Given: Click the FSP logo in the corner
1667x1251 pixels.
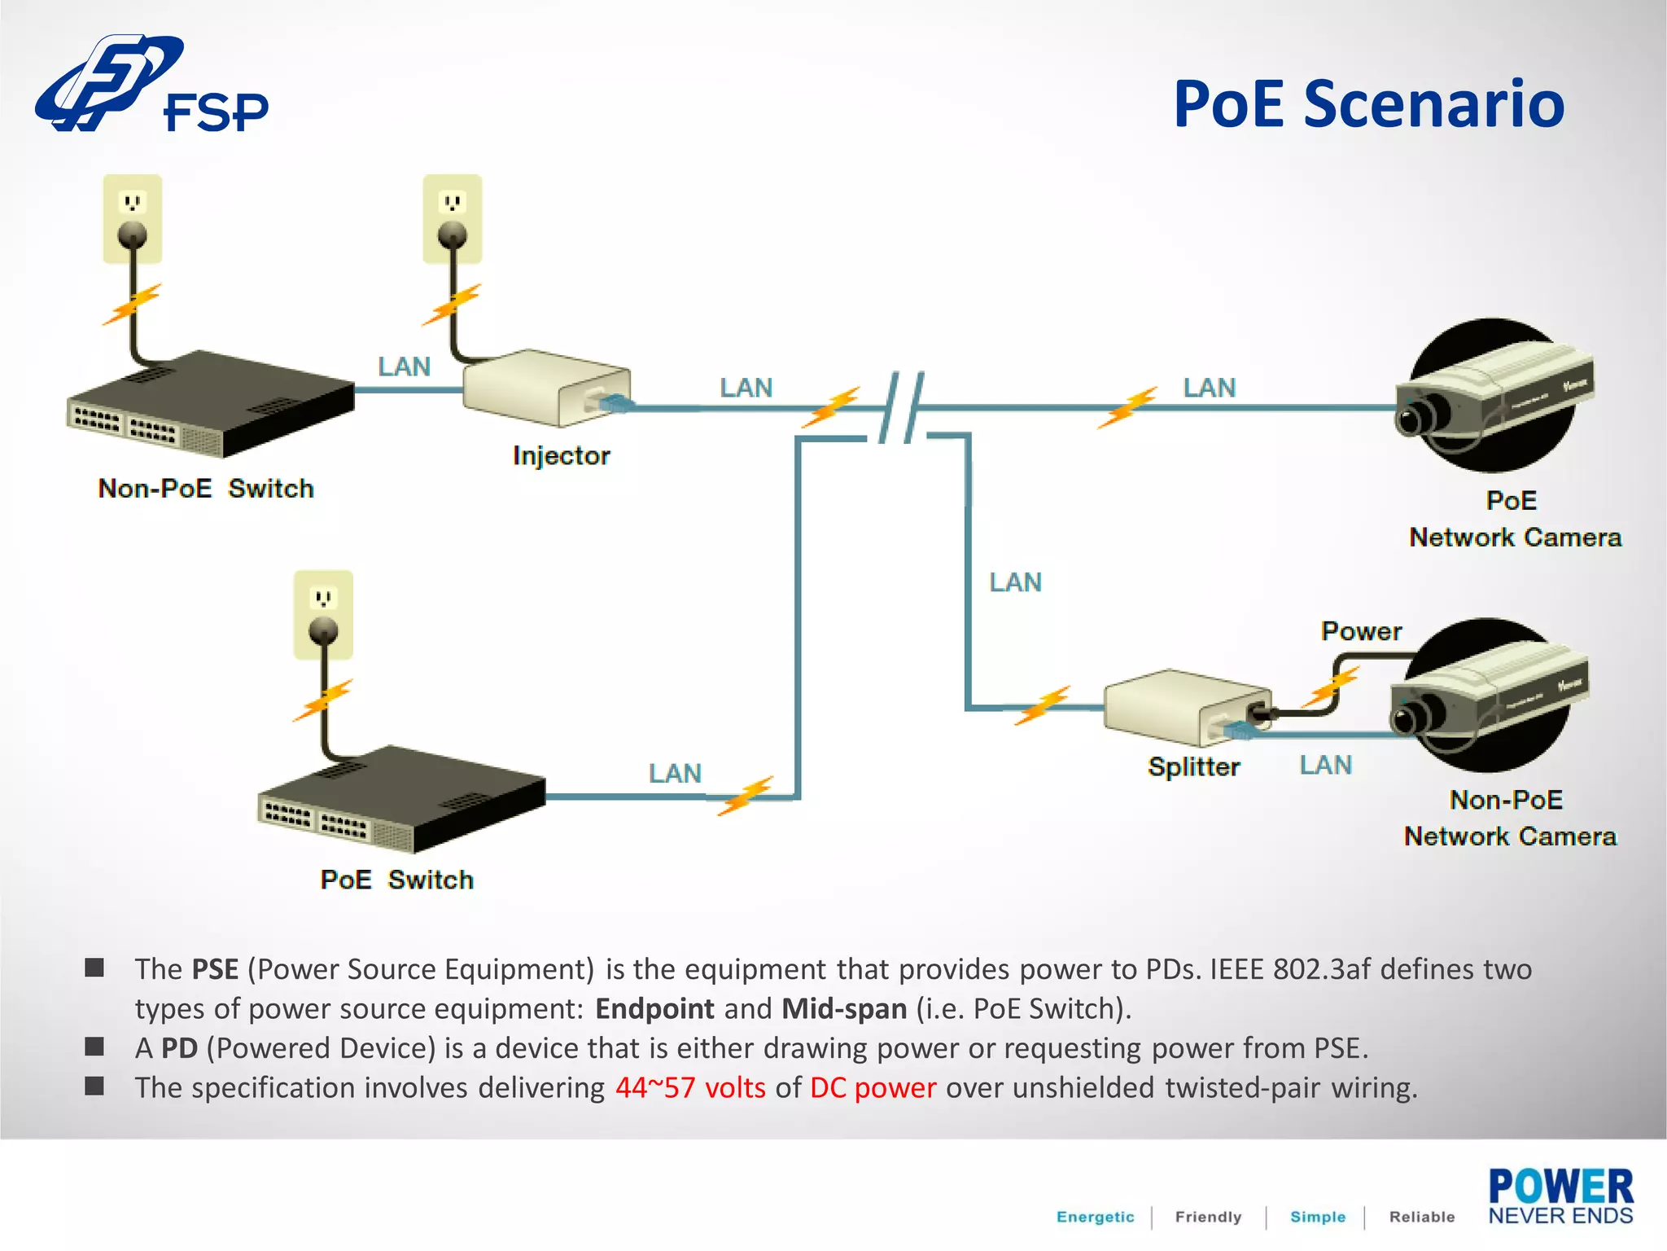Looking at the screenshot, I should [151, 86].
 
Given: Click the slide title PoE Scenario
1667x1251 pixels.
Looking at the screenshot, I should [1368, 103].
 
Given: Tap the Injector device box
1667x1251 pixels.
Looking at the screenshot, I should [545, 388].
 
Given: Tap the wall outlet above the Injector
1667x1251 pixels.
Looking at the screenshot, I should [453, 218].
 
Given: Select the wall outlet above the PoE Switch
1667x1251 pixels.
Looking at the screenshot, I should [323, 614].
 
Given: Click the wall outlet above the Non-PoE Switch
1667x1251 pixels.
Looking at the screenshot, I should [133, 218].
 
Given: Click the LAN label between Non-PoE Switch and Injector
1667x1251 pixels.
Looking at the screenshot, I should [404, 367].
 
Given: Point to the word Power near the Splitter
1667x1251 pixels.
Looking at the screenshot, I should [1361, 631].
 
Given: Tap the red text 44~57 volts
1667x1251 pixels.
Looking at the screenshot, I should [690, 1088].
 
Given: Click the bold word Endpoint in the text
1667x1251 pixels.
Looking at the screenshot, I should [654, 1009].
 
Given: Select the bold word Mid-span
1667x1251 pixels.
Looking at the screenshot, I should [844, 1009].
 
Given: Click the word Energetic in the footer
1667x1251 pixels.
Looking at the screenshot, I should [1095, 1217].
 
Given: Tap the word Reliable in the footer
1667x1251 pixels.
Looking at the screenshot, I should [1421, 1217].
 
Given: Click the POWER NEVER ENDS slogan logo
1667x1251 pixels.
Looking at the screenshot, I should [1560, 1196].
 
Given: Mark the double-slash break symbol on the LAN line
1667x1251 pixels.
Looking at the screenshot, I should [902, 407].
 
